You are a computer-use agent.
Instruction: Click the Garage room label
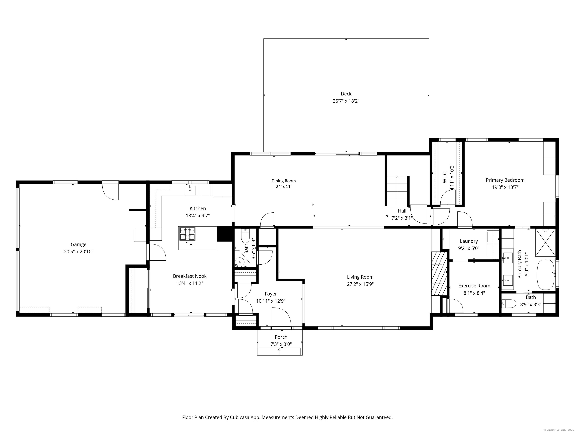click(78, 244)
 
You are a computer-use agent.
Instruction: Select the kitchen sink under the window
click(190, 190)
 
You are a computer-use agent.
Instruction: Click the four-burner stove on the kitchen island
click(187, 233)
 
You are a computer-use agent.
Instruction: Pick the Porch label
click(281, 337)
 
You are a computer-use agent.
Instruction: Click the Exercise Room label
click(474, 286)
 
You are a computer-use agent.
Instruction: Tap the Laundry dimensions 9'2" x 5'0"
click(469, 248)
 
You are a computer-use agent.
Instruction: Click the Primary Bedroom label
click(505, 180)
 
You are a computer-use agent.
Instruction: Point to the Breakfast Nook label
click(190, 276)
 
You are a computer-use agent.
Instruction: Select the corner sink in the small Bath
click(239, 262)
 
